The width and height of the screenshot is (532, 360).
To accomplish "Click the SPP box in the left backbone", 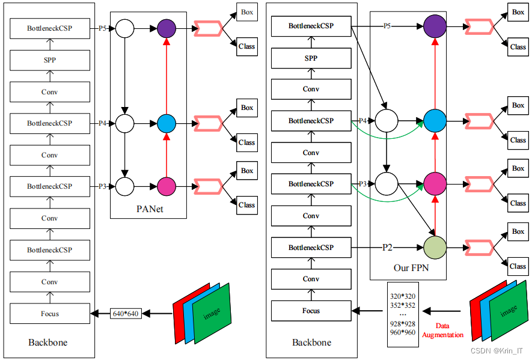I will [49, 60].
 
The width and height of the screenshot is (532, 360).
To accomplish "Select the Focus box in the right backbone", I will [311, 311].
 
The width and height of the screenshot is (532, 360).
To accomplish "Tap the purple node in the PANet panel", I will [167, 28].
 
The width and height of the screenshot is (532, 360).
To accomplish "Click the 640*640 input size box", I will [126, 313].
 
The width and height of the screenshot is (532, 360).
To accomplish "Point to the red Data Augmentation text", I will [442, 330].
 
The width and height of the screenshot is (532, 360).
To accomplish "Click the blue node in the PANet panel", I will [167, 123].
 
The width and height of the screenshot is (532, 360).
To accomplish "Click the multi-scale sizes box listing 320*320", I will [402, 314].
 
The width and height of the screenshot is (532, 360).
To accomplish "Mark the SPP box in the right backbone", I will [311, 58].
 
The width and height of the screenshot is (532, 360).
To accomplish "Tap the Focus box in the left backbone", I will [49, 313].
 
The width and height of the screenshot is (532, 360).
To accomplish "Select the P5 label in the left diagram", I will [102, 28].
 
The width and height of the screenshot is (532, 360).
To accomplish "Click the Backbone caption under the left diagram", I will [48, 343].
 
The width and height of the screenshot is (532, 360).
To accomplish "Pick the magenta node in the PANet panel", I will [167, 186].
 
